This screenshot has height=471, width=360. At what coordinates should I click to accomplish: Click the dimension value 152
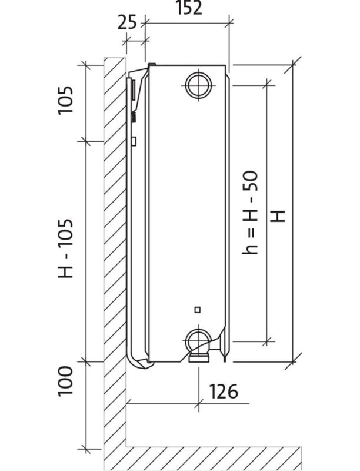pyautogui.click(x=188, y=8)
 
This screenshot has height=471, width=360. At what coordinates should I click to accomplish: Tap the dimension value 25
pyautogui.click(x=127, y=23)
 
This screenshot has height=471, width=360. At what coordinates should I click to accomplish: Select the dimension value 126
pyautogui.click(x=224, y=392)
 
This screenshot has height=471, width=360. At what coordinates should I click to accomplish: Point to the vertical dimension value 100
pyautogui.click(x=65, y=381)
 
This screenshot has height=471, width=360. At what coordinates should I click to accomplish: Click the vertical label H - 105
pyautogui.click(x=65, y=248)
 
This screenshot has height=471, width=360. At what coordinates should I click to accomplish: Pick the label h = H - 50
pyautogui.click(x=250, y=213)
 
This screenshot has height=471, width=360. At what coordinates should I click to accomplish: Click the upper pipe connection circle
pyautogui.click(x=199, y=85)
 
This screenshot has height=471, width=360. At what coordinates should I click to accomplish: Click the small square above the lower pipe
pyautogui.click(x=198, y=310)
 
